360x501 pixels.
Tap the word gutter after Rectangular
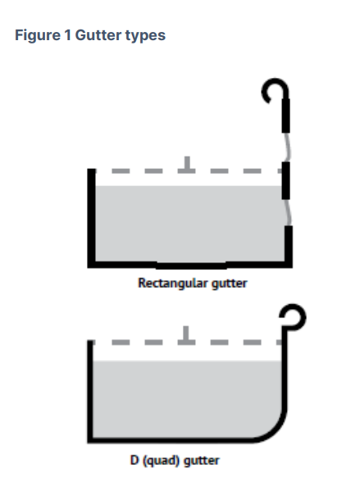click(224, 285)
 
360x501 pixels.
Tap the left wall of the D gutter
click(90, 389)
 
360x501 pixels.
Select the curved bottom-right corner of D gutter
click(271, 430)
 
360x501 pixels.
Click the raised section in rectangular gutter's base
click(190, 265)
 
